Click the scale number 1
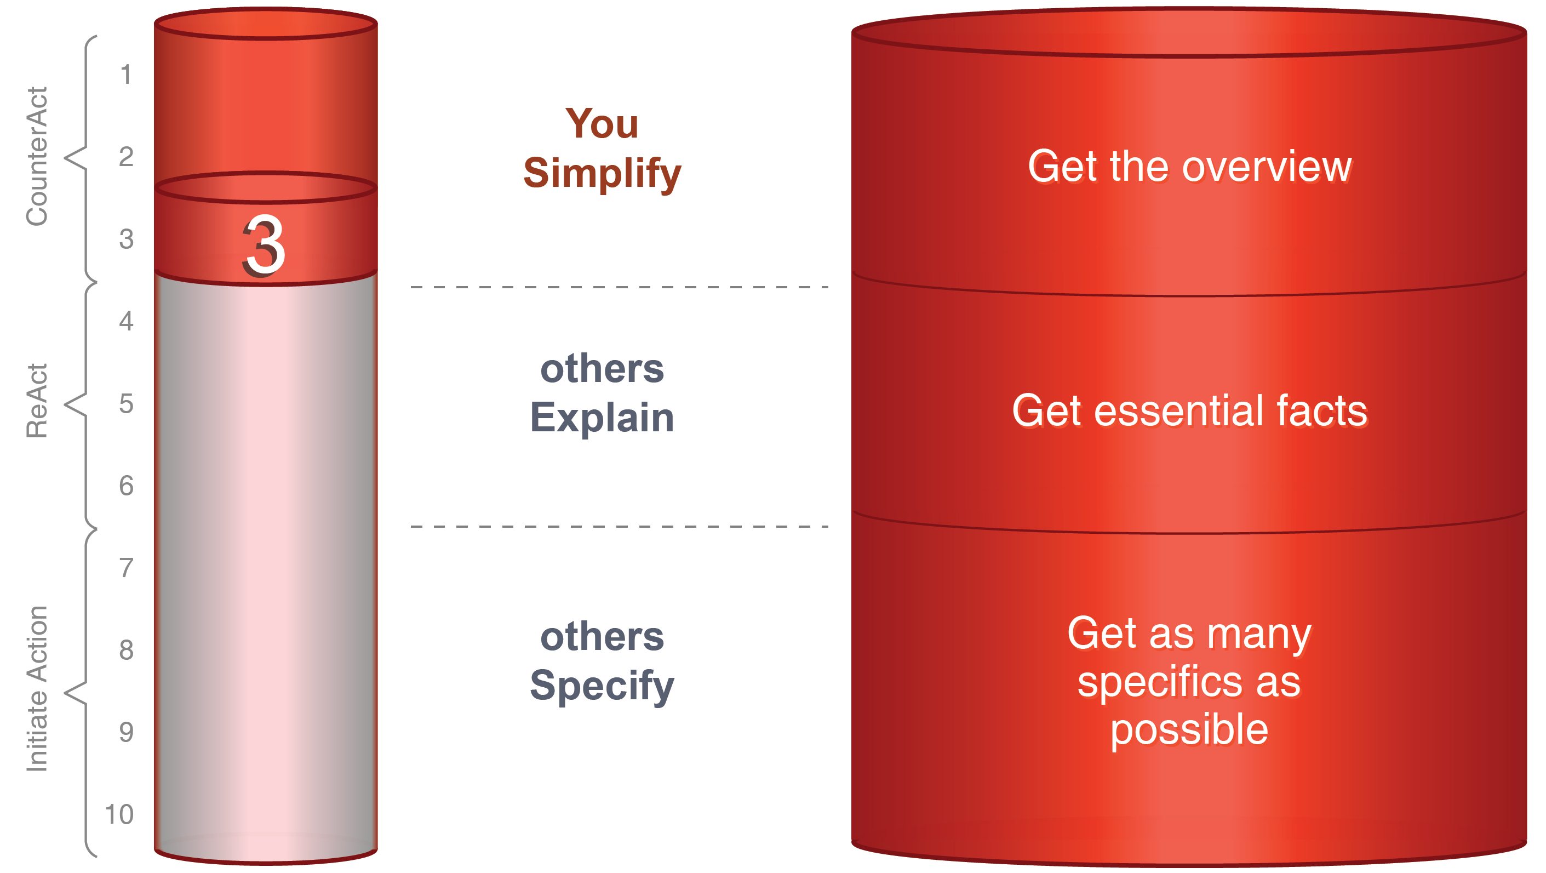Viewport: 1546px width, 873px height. click(125, 75)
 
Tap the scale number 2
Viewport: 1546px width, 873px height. click(126, 157)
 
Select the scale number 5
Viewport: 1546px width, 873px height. click(126, 404)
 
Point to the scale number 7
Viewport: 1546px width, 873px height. click(126, 568)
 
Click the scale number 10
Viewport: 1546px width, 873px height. click(119, 815)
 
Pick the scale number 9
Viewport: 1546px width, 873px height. click(126, 733)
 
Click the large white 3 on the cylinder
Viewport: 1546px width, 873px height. click(264, 246)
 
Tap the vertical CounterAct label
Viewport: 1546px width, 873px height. click(37, 157)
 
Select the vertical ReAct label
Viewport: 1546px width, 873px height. click(37, 401)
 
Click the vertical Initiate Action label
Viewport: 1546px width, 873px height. click(37, 689)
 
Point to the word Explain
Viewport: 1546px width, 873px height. click(602, 418)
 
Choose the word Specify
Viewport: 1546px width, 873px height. click(602, 686)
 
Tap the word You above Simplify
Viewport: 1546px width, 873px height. click(602, 124)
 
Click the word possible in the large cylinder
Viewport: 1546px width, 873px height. click(1189, 730)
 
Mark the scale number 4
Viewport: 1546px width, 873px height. click(126, 322)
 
